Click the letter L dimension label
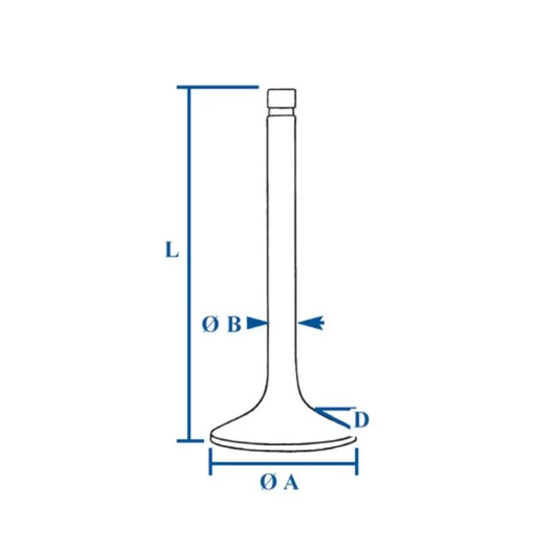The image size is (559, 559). (172, 249)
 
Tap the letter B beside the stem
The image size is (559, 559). (234, 324)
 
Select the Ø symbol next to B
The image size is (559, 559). (210, 324)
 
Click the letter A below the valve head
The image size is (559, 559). (291, 484)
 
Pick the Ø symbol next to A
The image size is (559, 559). (268, 483)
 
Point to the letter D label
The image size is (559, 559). (361, 420)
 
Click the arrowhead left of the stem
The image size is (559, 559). (257, 323)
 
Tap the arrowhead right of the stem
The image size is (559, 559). (311, 323)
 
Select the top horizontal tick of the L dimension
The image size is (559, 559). (218, 87)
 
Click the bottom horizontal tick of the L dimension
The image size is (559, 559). (190, 441)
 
